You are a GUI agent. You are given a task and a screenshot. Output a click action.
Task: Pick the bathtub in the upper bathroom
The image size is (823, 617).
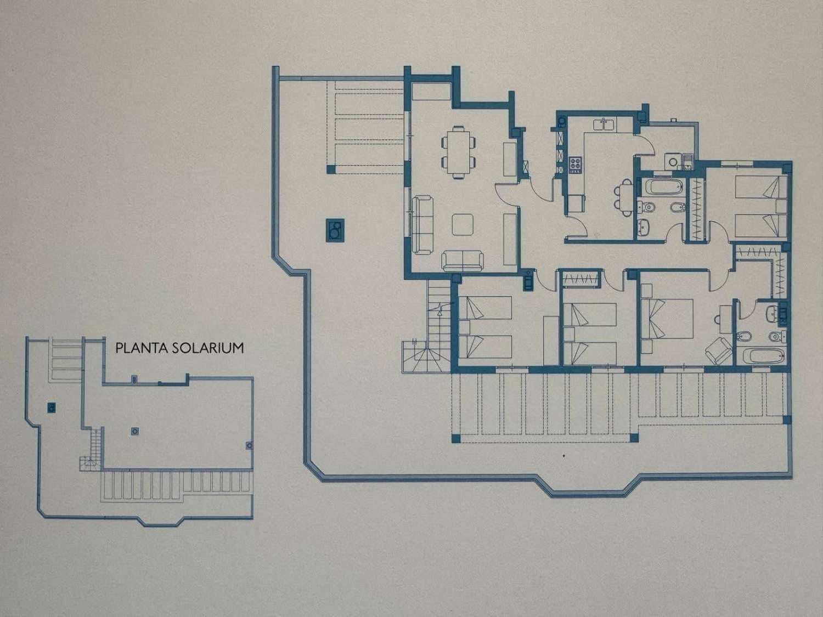pos(663,187)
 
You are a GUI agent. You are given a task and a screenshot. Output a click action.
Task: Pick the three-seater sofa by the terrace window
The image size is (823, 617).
pos(422,224)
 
